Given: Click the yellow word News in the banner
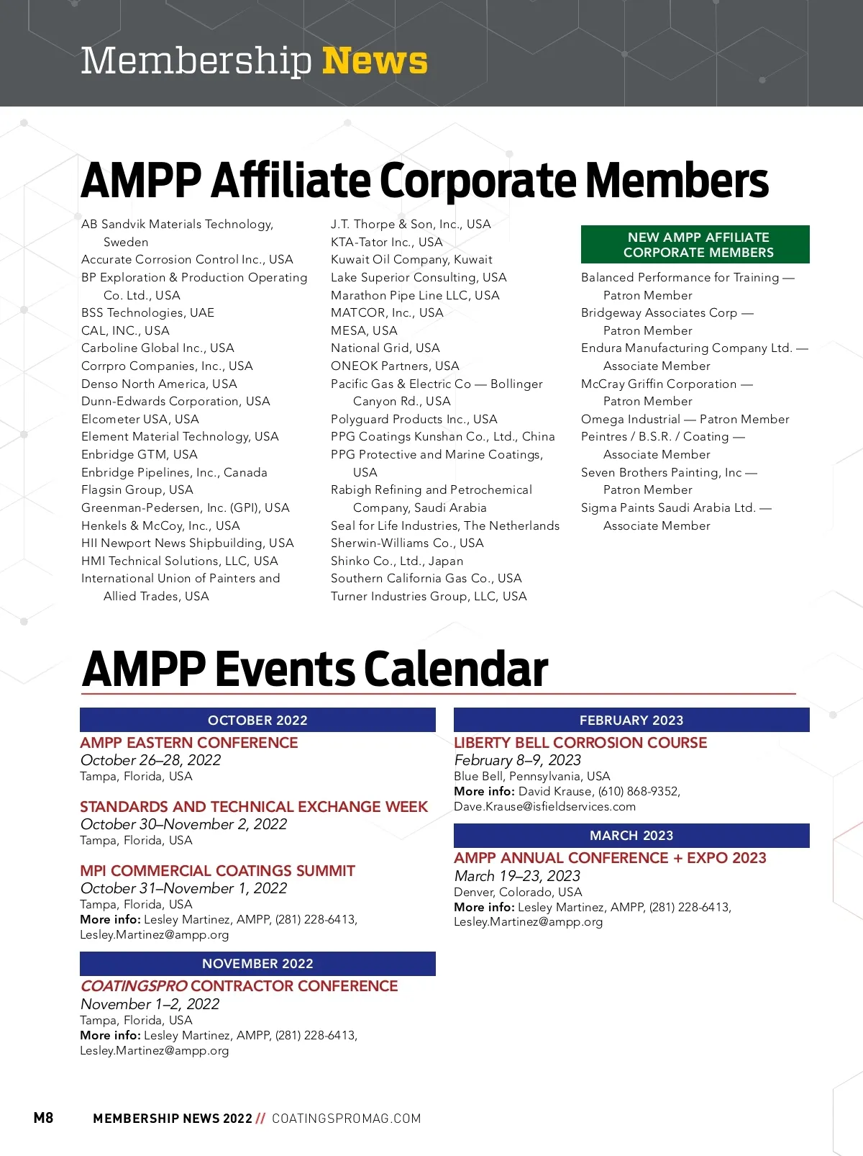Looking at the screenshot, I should [375, 60].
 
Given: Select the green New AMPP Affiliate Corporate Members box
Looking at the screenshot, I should [695, 245].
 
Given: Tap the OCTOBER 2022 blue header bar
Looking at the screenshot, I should [257, 720].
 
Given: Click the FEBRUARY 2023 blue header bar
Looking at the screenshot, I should [631, 720].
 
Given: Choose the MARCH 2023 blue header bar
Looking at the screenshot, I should [631, 835].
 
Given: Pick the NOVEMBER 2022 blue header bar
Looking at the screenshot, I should [257, 963].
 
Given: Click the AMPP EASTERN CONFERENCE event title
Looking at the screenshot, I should [189, 742].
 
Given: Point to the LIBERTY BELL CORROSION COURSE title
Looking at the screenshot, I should [580, 742].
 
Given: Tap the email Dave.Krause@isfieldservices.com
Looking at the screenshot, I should [544, 806].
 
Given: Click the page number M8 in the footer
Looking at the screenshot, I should [43, 1118].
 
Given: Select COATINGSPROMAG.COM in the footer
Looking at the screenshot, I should [346, 1119].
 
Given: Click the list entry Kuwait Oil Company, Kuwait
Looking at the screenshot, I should [411, 259].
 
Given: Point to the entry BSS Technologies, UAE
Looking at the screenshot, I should [147, 312].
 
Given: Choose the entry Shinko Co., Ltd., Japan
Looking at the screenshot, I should [397, 561].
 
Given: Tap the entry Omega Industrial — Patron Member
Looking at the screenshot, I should [685, 419].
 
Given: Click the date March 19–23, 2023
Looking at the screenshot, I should [517, 876].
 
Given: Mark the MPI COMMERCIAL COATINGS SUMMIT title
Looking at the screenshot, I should [217, 870].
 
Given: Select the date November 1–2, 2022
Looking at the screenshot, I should [150, 1003].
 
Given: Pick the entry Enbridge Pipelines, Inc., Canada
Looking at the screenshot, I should [174, 472].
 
